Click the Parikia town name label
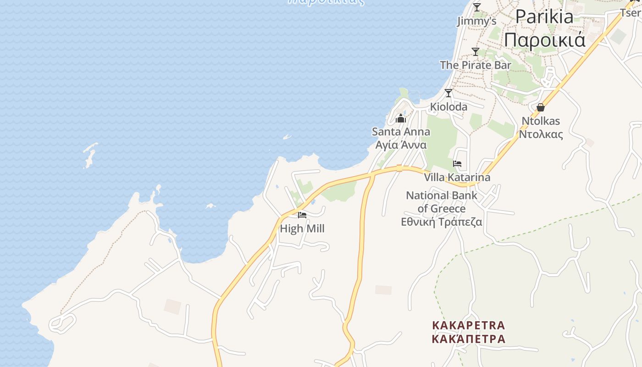(544, 17)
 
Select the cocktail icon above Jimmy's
(477, 7)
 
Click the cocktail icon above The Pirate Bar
(476, 52)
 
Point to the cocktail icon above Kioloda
(448, 93)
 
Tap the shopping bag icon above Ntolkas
(541, 107)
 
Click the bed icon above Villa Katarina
(457, 164)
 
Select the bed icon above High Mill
(302, 215)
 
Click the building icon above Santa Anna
(401, 119)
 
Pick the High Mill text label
(302, 228)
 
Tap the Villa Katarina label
(457, 177)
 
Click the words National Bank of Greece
(442, 202)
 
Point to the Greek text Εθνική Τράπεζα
(442, 222)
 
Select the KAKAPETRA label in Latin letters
(468, 325)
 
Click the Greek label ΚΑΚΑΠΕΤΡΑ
(468, 339)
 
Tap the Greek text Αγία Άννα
(401, 145)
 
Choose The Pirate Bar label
(476, 65)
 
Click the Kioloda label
(448, 107)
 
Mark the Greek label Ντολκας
(541, 134)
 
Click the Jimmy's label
(477, 21)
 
